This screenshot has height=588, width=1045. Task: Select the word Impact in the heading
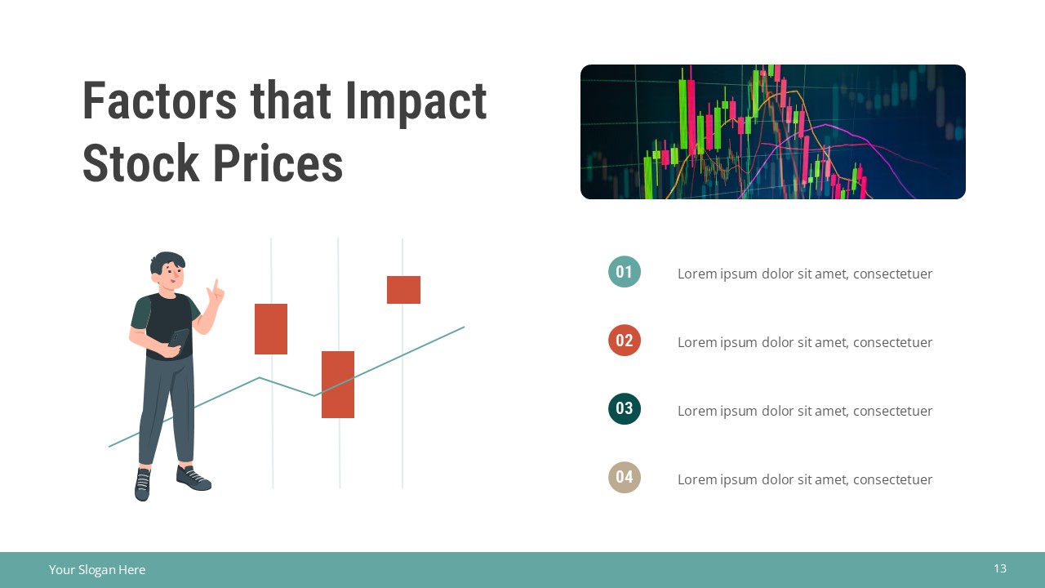416,101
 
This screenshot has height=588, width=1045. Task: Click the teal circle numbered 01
625,272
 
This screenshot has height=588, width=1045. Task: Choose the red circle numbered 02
625,341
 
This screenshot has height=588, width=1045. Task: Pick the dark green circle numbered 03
625,409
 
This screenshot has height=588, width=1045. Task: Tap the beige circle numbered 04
625,478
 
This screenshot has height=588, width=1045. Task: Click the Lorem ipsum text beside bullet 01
804,274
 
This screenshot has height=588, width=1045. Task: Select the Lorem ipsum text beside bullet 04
804,479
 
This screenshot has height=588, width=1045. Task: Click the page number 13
1000,568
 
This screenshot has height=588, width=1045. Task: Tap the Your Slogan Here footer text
97,570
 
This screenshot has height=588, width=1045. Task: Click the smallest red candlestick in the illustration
403,290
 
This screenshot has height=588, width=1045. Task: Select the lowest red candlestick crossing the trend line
338,385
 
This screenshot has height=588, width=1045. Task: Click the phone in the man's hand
178,337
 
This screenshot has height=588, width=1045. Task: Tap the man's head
168,269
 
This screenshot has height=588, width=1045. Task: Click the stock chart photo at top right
772,131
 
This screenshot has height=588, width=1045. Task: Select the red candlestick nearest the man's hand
271,329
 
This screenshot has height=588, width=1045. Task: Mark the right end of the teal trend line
463,327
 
